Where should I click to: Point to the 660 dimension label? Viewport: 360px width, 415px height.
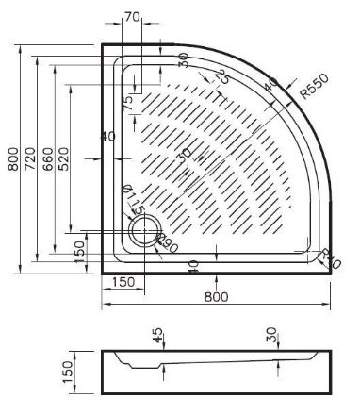click(x=46, y=160)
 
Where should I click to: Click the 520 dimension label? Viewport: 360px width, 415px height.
click(x=63, y=160)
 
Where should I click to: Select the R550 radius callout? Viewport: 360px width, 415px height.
click(x=316, y=90)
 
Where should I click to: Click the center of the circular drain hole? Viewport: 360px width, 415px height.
click(x=147, y=229)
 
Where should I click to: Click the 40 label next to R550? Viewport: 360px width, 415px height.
click(x=271, y=87)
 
